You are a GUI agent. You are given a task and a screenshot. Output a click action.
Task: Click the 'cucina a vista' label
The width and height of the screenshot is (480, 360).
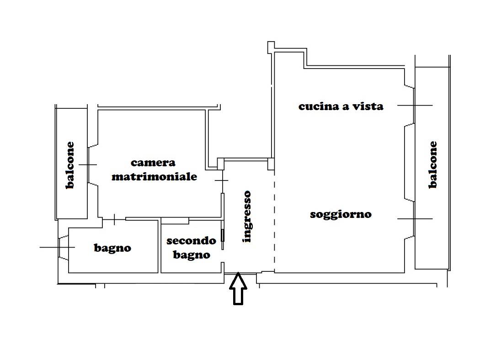coord(341,106)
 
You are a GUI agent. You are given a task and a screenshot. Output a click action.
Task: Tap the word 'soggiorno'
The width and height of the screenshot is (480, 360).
coord(341,214)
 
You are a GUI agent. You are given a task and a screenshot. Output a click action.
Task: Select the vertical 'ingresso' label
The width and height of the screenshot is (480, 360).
coord(247,217)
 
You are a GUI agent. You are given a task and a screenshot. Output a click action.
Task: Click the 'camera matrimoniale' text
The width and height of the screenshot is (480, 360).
coord(154,169)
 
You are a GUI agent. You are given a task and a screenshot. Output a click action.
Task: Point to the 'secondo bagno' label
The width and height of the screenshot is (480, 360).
coord(191,248)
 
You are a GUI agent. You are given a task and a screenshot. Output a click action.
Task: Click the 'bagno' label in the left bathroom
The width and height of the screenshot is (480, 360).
coord(112,248)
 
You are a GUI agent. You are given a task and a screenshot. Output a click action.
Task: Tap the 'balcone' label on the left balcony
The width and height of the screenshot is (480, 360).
coord(70,165)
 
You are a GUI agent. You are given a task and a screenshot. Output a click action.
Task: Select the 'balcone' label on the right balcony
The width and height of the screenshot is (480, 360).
coord(432,165)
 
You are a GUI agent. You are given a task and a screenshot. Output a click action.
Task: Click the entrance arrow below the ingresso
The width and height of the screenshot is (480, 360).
coord(238,289)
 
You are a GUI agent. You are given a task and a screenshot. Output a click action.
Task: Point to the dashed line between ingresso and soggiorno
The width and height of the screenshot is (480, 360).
coord(274,219)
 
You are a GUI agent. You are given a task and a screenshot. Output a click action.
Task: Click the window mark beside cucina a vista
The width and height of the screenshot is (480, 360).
coord(415,105)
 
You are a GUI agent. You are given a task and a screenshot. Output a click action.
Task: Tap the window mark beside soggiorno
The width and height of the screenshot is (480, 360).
coord(415,218)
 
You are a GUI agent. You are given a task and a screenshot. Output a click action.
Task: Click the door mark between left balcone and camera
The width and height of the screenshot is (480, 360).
coord(88,164)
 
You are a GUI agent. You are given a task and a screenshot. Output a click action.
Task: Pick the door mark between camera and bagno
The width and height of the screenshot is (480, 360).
coord(114,219)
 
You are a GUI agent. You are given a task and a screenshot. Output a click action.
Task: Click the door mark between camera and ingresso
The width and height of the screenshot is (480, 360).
coord(222,181)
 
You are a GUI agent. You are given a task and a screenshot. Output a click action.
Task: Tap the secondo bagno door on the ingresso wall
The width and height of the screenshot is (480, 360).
coord(223,235)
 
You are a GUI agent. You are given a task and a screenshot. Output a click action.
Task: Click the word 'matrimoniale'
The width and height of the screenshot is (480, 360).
coord(154,176)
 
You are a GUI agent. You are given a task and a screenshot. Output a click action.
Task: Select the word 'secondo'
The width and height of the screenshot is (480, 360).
coord(191,241)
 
